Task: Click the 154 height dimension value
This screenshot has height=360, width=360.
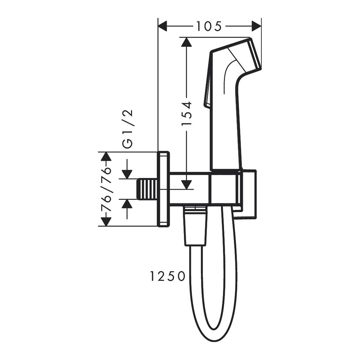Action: [x=186, y=113]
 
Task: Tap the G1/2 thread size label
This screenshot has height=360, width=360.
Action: [x=128, y=129]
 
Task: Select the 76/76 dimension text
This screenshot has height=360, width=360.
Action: [x=105, y=189]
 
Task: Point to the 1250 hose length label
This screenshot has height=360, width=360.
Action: [x=167, y=276]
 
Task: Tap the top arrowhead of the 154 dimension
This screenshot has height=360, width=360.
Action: [x=186, y=42]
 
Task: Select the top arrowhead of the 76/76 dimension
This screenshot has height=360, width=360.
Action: [x=105, y=157]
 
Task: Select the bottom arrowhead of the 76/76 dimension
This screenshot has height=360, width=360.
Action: [x=105, y=221]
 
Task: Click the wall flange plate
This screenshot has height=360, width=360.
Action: [x=163, y=189]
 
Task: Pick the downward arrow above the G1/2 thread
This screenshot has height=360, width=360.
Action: [x=127, y=173]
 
